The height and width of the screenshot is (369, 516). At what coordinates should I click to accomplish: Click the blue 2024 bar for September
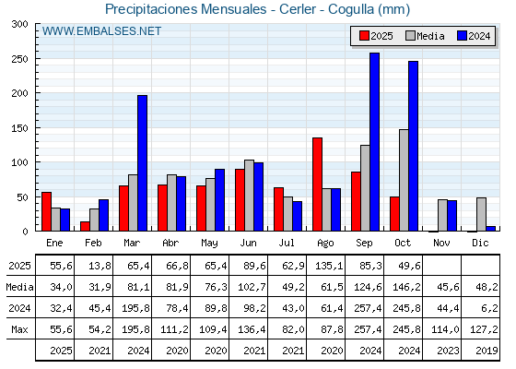[x=374, y=142]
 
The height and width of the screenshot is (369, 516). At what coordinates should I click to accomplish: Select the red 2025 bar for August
[x=317, y=184]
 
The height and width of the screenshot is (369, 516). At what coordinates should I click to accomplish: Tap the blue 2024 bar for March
[x=142, y=163]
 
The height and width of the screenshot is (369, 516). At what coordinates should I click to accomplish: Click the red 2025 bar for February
[x=85, y=226]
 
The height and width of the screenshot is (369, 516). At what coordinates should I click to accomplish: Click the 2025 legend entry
[x=375, y=36]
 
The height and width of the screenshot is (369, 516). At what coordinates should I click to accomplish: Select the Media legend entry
[x=424, y=36]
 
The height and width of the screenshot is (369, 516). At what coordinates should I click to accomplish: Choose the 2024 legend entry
[x=473, y=36]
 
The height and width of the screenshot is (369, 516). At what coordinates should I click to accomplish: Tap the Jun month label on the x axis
[x=248, y=242]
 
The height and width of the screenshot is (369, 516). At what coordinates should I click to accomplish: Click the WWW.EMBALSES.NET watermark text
[x=101, y=31]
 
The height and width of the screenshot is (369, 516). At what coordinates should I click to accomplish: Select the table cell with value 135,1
[x=325, y=265]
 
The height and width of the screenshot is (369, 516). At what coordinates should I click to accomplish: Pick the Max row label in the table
[x=18, y=328]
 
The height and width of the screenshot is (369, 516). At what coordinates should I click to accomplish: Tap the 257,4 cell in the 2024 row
[x=364, y=307]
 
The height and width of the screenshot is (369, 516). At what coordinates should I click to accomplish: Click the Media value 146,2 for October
[x=403, y=286]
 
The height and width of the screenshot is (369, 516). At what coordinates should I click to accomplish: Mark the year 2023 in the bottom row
[x=441, y=351]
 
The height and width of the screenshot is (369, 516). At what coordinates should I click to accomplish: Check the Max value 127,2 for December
[x=480, y=328]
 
